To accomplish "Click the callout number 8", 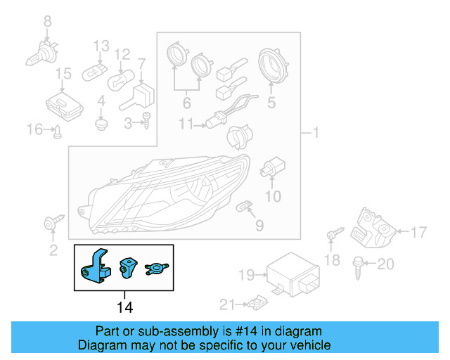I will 48,22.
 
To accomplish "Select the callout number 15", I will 63,73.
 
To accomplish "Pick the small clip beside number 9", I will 245,206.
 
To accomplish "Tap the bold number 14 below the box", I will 124,307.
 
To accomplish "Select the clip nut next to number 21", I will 255,304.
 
